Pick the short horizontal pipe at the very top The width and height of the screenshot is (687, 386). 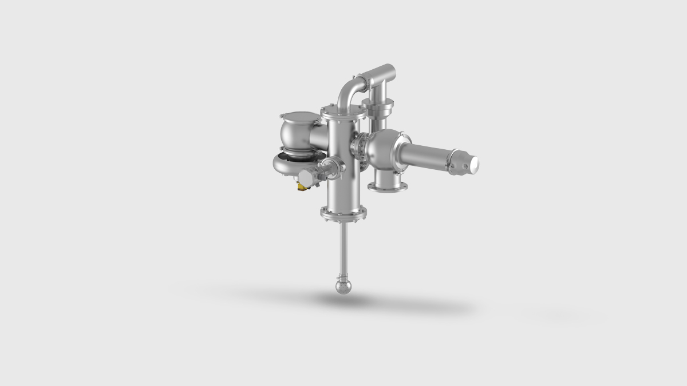(378, 73)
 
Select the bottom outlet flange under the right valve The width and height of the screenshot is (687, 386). (388, 186)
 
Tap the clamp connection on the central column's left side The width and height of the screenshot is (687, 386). (330, 168)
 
